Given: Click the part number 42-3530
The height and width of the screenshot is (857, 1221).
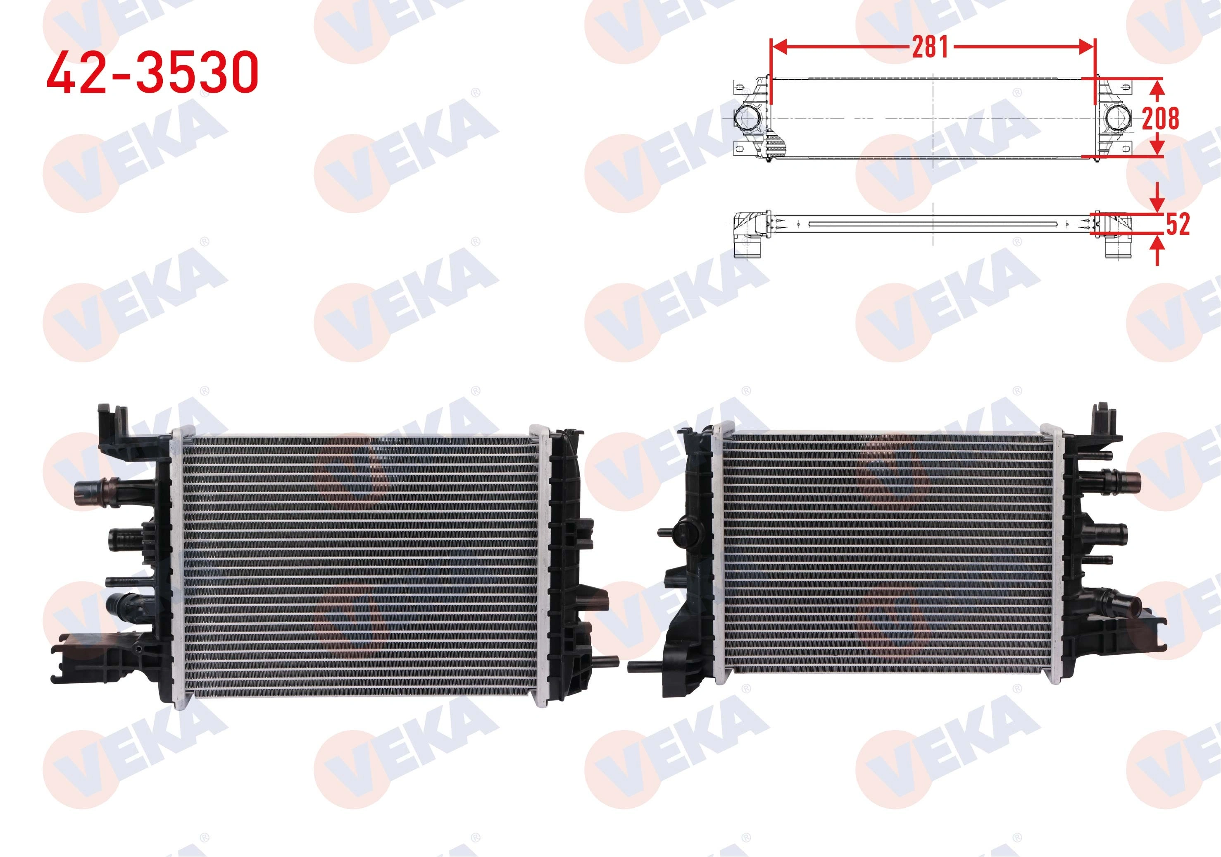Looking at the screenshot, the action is [x=152, y=72].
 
